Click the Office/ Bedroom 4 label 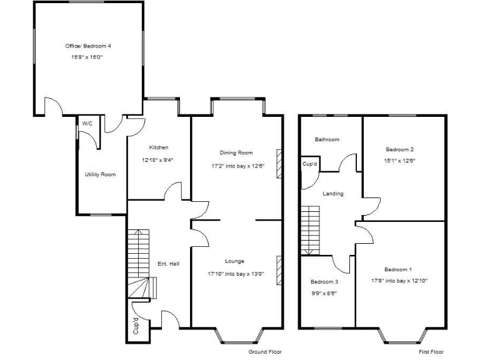[88, 46]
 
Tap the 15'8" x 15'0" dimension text [88, 57]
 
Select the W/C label [87, 124]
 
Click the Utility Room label [100, 174]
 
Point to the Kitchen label [158, 147]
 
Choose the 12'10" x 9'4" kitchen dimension [158, 159]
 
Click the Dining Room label [236, 152]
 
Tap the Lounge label [235, 261]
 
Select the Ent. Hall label [168, 264]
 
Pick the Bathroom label [327, 139]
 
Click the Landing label [332, 194]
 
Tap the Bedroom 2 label [400, 149]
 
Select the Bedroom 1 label [398, 269]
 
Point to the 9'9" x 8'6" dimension [324, 292]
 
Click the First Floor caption [431, 352]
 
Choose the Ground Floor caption [265, 352]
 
